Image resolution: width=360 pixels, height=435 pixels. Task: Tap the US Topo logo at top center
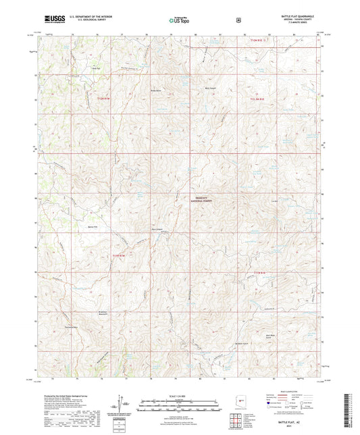(179, 22)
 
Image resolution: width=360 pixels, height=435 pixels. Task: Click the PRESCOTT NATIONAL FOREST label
(201, 199)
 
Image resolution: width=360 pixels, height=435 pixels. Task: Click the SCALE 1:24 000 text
(180, 395)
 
